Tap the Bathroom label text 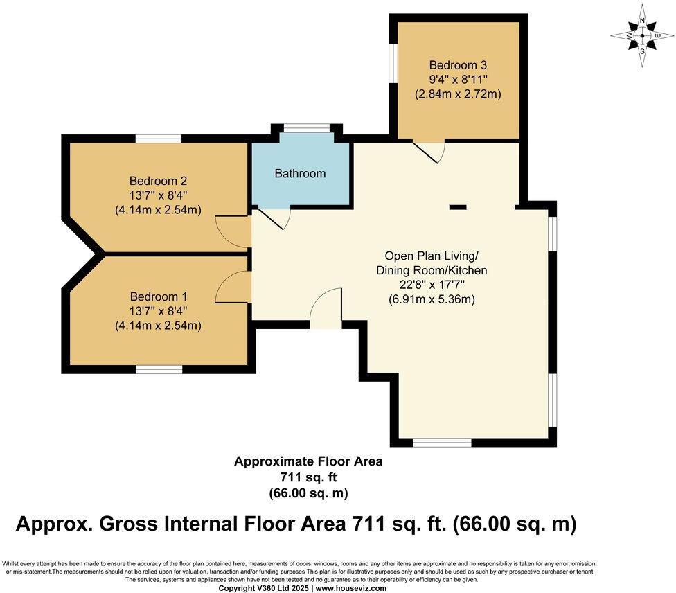click(x=300, y=173)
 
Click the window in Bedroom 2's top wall click(x=159, y=139)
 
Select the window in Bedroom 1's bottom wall click(x=159, y=369)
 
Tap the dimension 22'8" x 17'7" click(x=431, y=285)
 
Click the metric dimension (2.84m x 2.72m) click(x=458, y=94)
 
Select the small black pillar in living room click(x=458, y=206)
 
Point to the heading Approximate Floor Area click(x=308, y=461)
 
